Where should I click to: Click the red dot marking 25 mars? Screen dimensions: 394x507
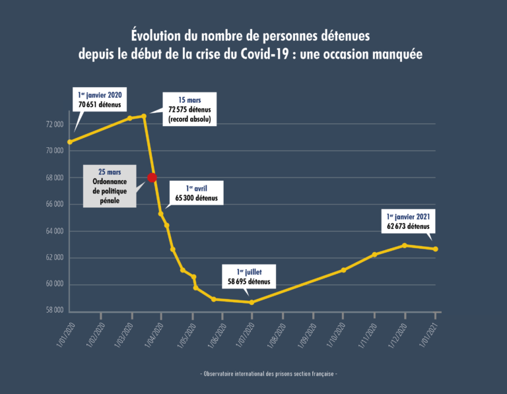click(152, 178)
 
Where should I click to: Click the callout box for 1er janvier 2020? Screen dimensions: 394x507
click(100, 99)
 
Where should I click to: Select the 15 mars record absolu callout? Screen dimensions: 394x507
click(189, 110)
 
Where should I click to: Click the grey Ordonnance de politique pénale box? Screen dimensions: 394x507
click(110, 185)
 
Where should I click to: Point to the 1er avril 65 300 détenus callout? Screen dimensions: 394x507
click(197, 192)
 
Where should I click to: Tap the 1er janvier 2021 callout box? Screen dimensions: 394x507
click(409, 220)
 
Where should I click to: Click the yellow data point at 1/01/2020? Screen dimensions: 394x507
click(70, 142)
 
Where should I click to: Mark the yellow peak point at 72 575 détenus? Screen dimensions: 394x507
click(144, 116)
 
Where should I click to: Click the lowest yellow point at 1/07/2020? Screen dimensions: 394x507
click(252, 302)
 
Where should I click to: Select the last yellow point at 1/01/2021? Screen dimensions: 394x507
click(436, 249)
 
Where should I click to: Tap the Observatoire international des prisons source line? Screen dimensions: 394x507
click(269, 374)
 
